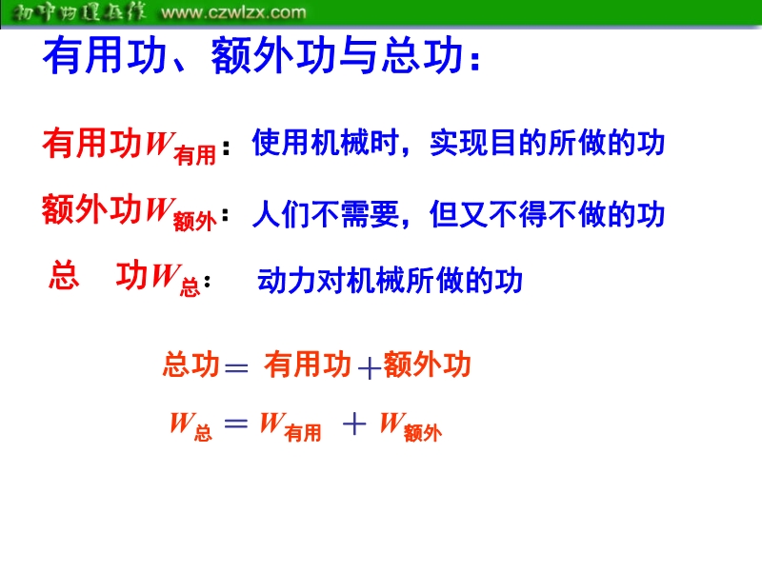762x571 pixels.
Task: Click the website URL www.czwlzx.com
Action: coord(233,12)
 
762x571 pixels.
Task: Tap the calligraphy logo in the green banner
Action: coord(78,12)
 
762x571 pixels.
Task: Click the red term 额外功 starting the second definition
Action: coord(91,209)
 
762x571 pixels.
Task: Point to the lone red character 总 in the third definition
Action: coord(64,275)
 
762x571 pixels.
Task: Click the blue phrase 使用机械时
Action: coord(325,143)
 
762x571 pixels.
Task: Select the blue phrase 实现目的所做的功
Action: coord(547,143)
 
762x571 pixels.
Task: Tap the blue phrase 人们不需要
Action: coord(325,214)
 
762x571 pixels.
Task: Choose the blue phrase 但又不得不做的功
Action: coord(547,214)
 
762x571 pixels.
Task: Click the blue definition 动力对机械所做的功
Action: coord(390,280)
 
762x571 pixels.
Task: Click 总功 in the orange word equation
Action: coord(191,364)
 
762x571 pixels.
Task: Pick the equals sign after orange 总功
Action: coord(236,367)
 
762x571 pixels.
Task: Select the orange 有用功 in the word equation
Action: coord(308,364)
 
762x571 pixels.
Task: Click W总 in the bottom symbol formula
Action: coord(191,426)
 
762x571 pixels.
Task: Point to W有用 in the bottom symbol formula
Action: coord(291,426)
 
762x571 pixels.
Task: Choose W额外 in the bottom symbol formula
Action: coord(411,426)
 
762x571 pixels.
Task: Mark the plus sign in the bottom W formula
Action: coord(354,423)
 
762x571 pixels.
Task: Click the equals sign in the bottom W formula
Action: coord(236,423)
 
